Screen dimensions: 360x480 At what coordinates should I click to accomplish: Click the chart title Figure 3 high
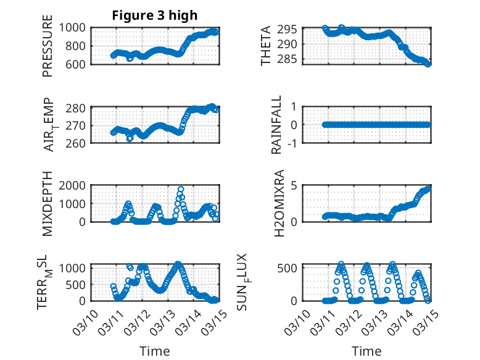[x=154, y=15]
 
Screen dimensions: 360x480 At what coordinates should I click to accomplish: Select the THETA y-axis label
[x=266, y=46]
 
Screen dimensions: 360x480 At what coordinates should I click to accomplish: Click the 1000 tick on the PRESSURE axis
[x=75, y=28]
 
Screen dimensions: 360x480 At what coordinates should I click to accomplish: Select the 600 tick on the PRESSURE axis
[x=78, y=64]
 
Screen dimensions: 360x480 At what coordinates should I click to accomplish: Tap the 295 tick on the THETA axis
[x=291, y=30]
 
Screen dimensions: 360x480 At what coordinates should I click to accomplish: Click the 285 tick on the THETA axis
[x=291, y=59]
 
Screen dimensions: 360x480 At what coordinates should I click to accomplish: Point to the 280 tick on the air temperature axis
[x=78, y=108]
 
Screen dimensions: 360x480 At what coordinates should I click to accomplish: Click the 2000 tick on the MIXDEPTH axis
[x=75, y=186]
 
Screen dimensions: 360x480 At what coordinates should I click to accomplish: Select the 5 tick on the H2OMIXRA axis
[x=295, y=186]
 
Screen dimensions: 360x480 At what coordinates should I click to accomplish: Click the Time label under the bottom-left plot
[x=154, y=351]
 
